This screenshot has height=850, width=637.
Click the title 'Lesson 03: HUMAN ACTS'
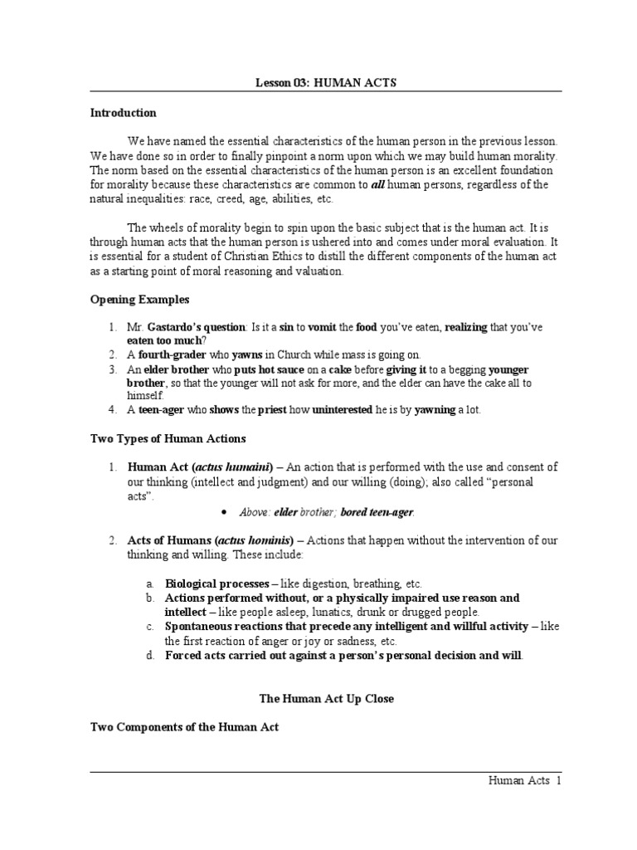[x=318, y=82]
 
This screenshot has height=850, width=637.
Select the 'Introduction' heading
[x=123, y=113]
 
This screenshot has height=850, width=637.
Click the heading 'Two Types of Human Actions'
[x=168, y=438]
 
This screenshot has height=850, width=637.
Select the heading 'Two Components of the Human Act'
[x=184, y=727]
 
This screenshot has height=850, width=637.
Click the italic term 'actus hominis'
[x=254, y=540]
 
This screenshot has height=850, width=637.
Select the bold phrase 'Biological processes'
[x=216, y=584]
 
